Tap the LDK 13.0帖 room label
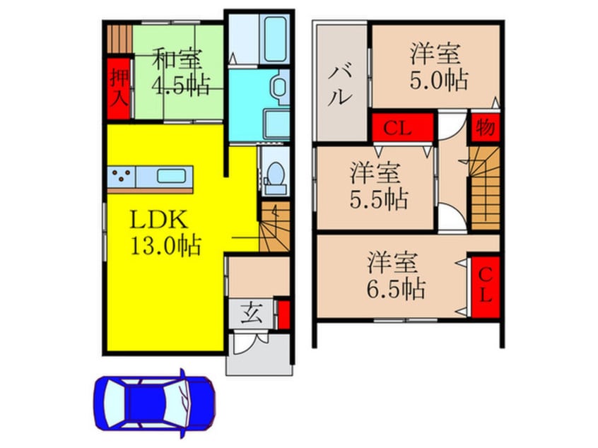pos(164,232)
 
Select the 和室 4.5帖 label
pos(180,71)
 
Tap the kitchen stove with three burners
pos(120,176)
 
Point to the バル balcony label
pos(340,83)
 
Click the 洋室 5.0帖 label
pos(438,67)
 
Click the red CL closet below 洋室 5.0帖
pos(400,129)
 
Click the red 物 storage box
pos(485,127)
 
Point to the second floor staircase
pos(485,189)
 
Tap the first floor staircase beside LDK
pos(274,225)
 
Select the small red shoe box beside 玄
pos(283,315)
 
